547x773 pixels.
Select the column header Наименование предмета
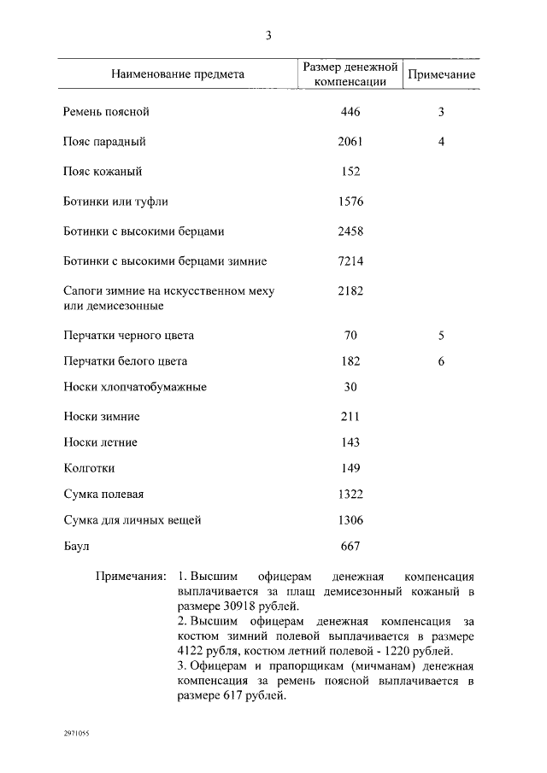(178, 74)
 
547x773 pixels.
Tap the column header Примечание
(441, 74)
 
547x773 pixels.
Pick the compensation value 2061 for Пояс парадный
(350, 142)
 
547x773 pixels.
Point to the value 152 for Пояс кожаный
(350, 172)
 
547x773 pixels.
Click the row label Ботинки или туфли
(115, 202)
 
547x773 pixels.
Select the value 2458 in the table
(350, 231)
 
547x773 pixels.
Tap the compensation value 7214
(350, 261)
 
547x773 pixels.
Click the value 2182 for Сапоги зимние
(350, 291)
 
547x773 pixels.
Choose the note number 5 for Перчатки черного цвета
(441, 336)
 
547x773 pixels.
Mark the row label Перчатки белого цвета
(125, 361)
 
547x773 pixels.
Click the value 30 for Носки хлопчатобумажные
(350, 387)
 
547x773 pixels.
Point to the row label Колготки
(89, 468)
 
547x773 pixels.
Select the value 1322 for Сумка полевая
(350, 495)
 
